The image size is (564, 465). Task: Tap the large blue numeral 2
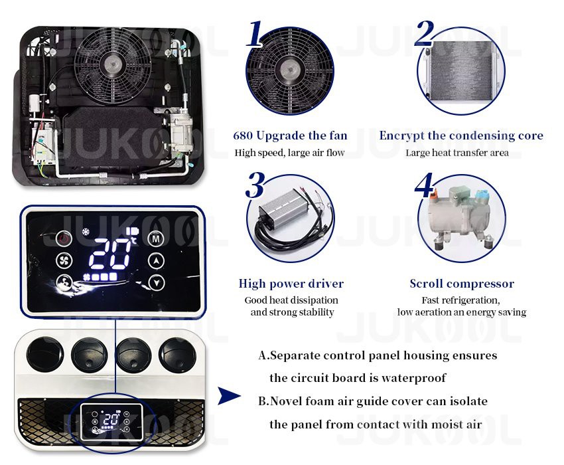(424, 34)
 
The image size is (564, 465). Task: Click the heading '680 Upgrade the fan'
(290, 136)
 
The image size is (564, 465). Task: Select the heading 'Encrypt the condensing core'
(461, 136)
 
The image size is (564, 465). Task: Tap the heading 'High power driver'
(291, 284)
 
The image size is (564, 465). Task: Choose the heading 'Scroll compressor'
(462, 284)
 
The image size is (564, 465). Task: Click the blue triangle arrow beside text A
(230, 397)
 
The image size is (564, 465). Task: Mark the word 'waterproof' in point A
(414, 378)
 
